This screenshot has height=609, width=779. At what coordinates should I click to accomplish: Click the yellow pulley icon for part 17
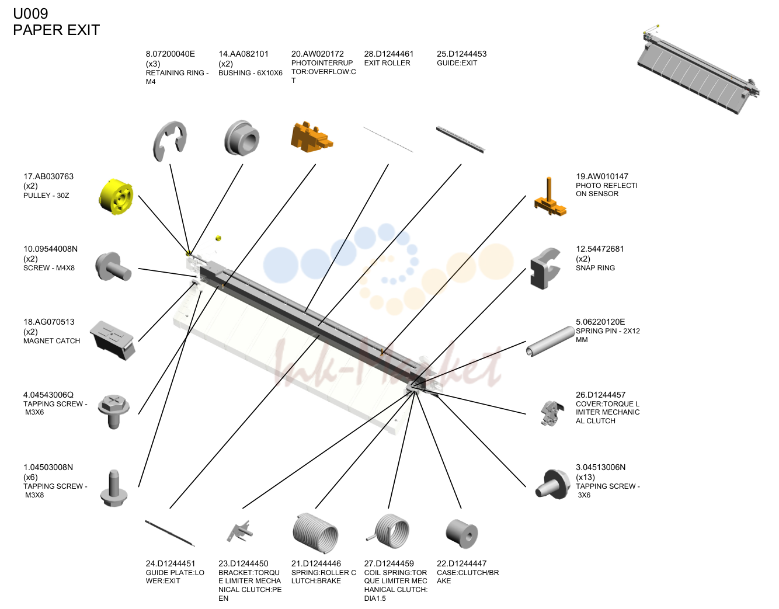coord(116,197)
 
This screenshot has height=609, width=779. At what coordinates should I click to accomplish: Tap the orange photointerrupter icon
coord(311,137)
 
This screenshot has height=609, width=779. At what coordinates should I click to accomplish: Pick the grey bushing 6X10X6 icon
coord(242,138)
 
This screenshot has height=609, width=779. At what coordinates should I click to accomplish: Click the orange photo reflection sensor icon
coord(550,197)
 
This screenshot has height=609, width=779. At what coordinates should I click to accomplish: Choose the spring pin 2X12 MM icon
coord(550,341)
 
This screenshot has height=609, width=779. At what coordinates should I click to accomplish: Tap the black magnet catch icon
coord(112,340)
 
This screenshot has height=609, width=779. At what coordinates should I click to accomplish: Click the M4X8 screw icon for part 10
coord(113,267)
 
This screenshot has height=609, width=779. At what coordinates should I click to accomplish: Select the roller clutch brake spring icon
coord(315,533)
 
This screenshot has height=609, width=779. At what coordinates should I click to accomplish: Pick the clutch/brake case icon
coord(461,534)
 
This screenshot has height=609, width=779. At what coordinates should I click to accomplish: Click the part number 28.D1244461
coord(388,54)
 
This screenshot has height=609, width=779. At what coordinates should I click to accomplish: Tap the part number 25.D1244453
coord(461,54)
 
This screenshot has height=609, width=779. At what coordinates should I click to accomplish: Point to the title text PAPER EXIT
coord(56,30)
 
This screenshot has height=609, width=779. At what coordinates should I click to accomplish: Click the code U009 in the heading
coord(30,13)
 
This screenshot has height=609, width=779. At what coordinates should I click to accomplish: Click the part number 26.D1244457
coord(600,395)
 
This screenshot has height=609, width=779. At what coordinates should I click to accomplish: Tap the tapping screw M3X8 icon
coord(114,488)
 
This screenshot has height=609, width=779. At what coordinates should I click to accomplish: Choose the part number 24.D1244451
coord(171,563)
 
